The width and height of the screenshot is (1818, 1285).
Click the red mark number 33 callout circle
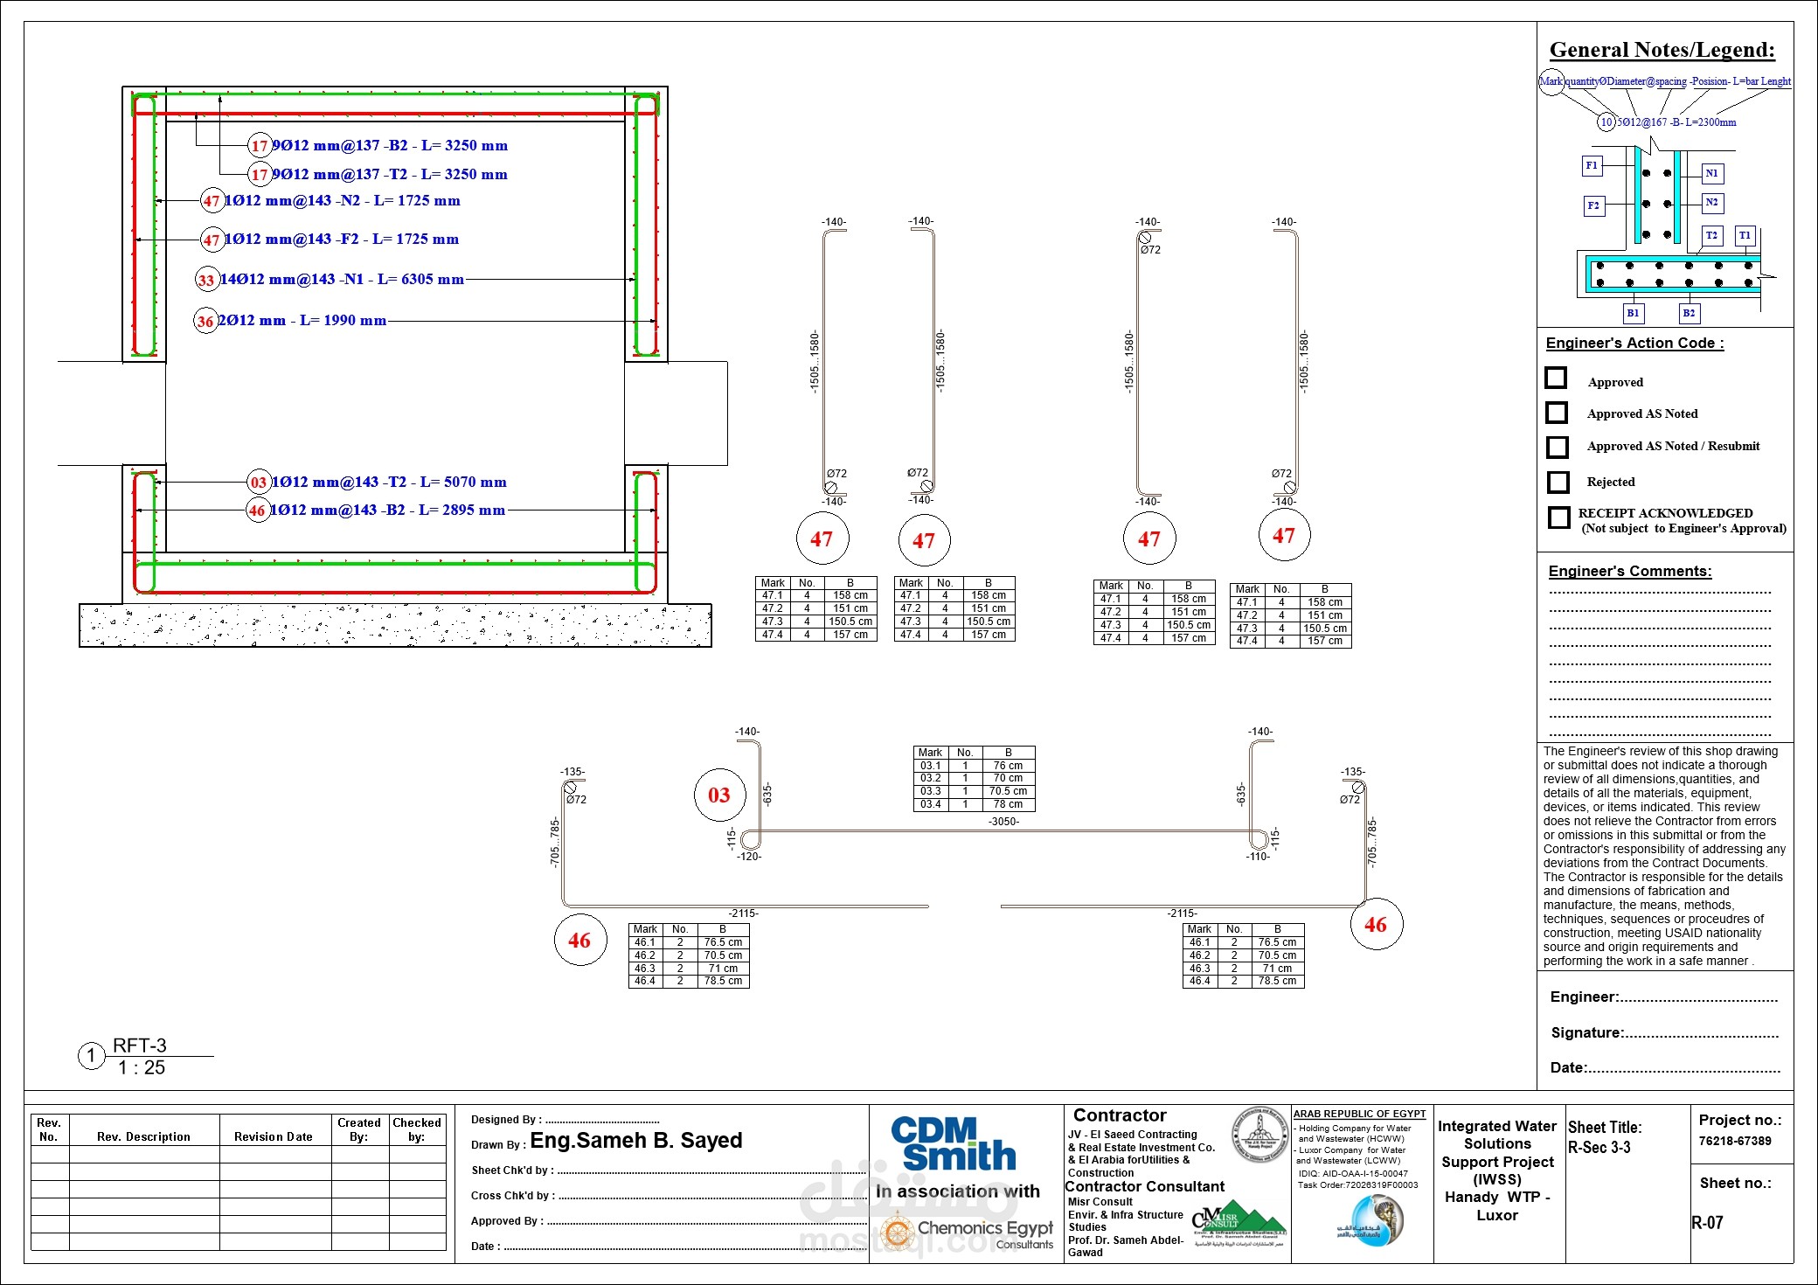(x=206, y=280)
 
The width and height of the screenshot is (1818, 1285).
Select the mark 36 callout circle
(x=205, y=321)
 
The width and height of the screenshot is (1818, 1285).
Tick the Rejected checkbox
(x=1558, y=482)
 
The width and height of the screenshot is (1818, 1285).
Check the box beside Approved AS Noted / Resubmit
(x=1558, y=447)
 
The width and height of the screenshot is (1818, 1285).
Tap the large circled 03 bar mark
(x=718, y=795)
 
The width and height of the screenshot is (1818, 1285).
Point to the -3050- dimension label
(x=1003, y=822)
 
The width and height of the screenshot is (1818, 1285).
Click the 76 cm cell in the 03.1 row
(x=1008, y=766)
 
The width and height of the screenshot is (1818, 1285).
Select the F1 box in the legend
(x=1592, y=165)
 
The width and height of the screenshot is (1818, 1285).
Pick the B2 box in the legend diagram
(x=1689, y=313)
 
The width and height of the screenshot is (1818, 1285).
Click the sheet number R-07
(x=1707, y=1223)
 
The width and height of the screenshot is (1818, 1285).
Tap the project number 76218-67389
(x=1735, y=1141)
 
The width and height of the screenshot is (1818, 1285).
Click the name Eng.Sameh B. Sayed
(x=636, y=1141)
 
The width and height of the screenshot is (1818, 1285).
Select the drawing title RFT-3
(x=140, y=1045)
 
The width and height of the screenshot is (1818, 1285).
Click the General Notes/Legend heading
(x=1662, y=51)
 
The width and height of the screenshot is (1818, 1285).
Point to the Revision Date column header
(x=274, y=1136)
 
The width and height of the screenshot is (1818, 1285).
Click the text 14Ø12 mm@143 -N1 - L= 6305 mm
(x=342, y=280)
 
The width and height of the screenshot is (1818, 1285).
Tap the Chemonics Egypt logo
(x=967, y=1231)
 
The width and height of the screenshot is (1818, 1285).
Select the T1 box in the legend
(x=1745, y=235)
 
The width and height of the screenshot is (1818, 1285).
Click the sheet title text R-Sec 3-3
(x=1599, y=1148)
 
